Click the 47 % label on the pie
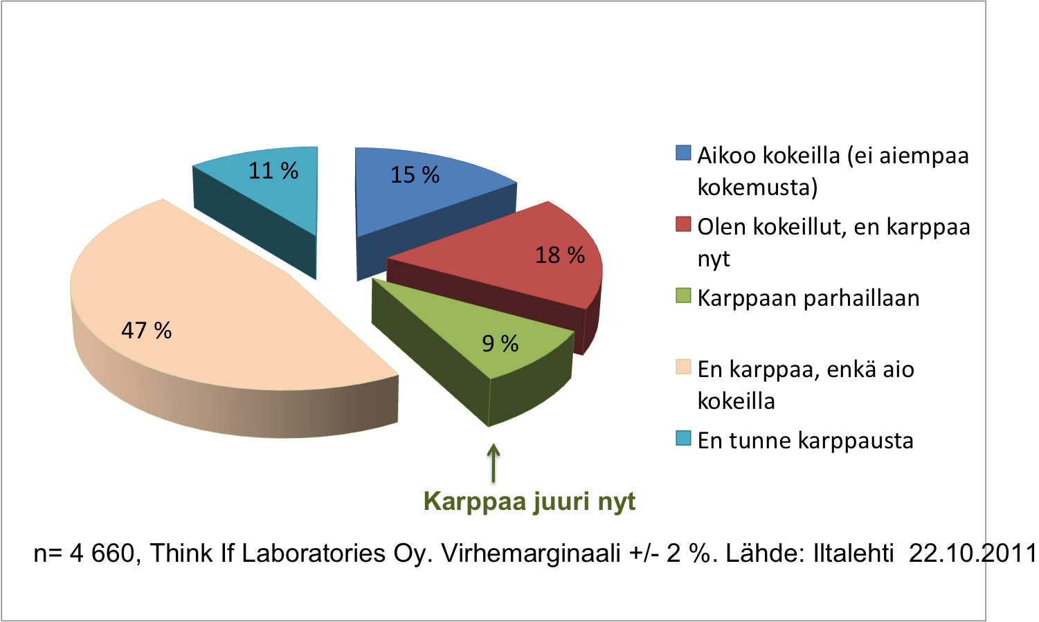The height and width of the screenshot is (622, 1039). pos(147,331)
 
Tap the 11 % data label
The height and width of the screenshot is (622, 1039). pos(273,171)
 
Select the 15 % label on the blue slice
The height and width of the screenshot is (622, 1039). pos(415,175)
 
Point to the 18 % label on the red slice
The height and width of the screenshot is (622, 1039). pos(560,255)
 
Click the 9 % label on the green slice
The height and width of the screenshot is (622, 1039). pos(500,343)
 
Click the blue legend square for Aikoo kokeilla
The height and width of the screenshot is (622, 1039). pos(683,153)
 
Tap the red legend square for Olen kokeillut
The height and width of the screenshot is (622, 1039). pos(683,224)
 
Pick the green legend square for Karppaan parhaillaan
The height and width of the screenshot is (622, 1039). pos(683,295)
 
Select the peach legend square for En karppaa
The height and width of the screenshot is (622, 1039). pos(683,367)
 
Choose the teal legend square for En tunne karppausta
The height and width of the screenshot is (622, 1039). pos(683,438)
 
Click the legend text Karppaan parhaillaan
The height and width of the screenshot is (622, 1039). pos(808,299)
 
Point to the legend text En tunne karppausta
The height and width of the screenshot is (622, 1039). pos(806,441)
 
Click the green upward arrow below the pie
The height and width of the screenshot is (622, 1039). pos(494,463)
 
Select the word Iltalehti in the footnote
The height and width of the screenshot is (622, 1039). pos(853,554)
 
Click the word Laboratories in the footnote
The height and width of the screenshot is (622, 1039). pos(314,554)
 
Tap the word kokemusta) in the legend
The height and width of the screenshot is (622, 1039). pos(757,187)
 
